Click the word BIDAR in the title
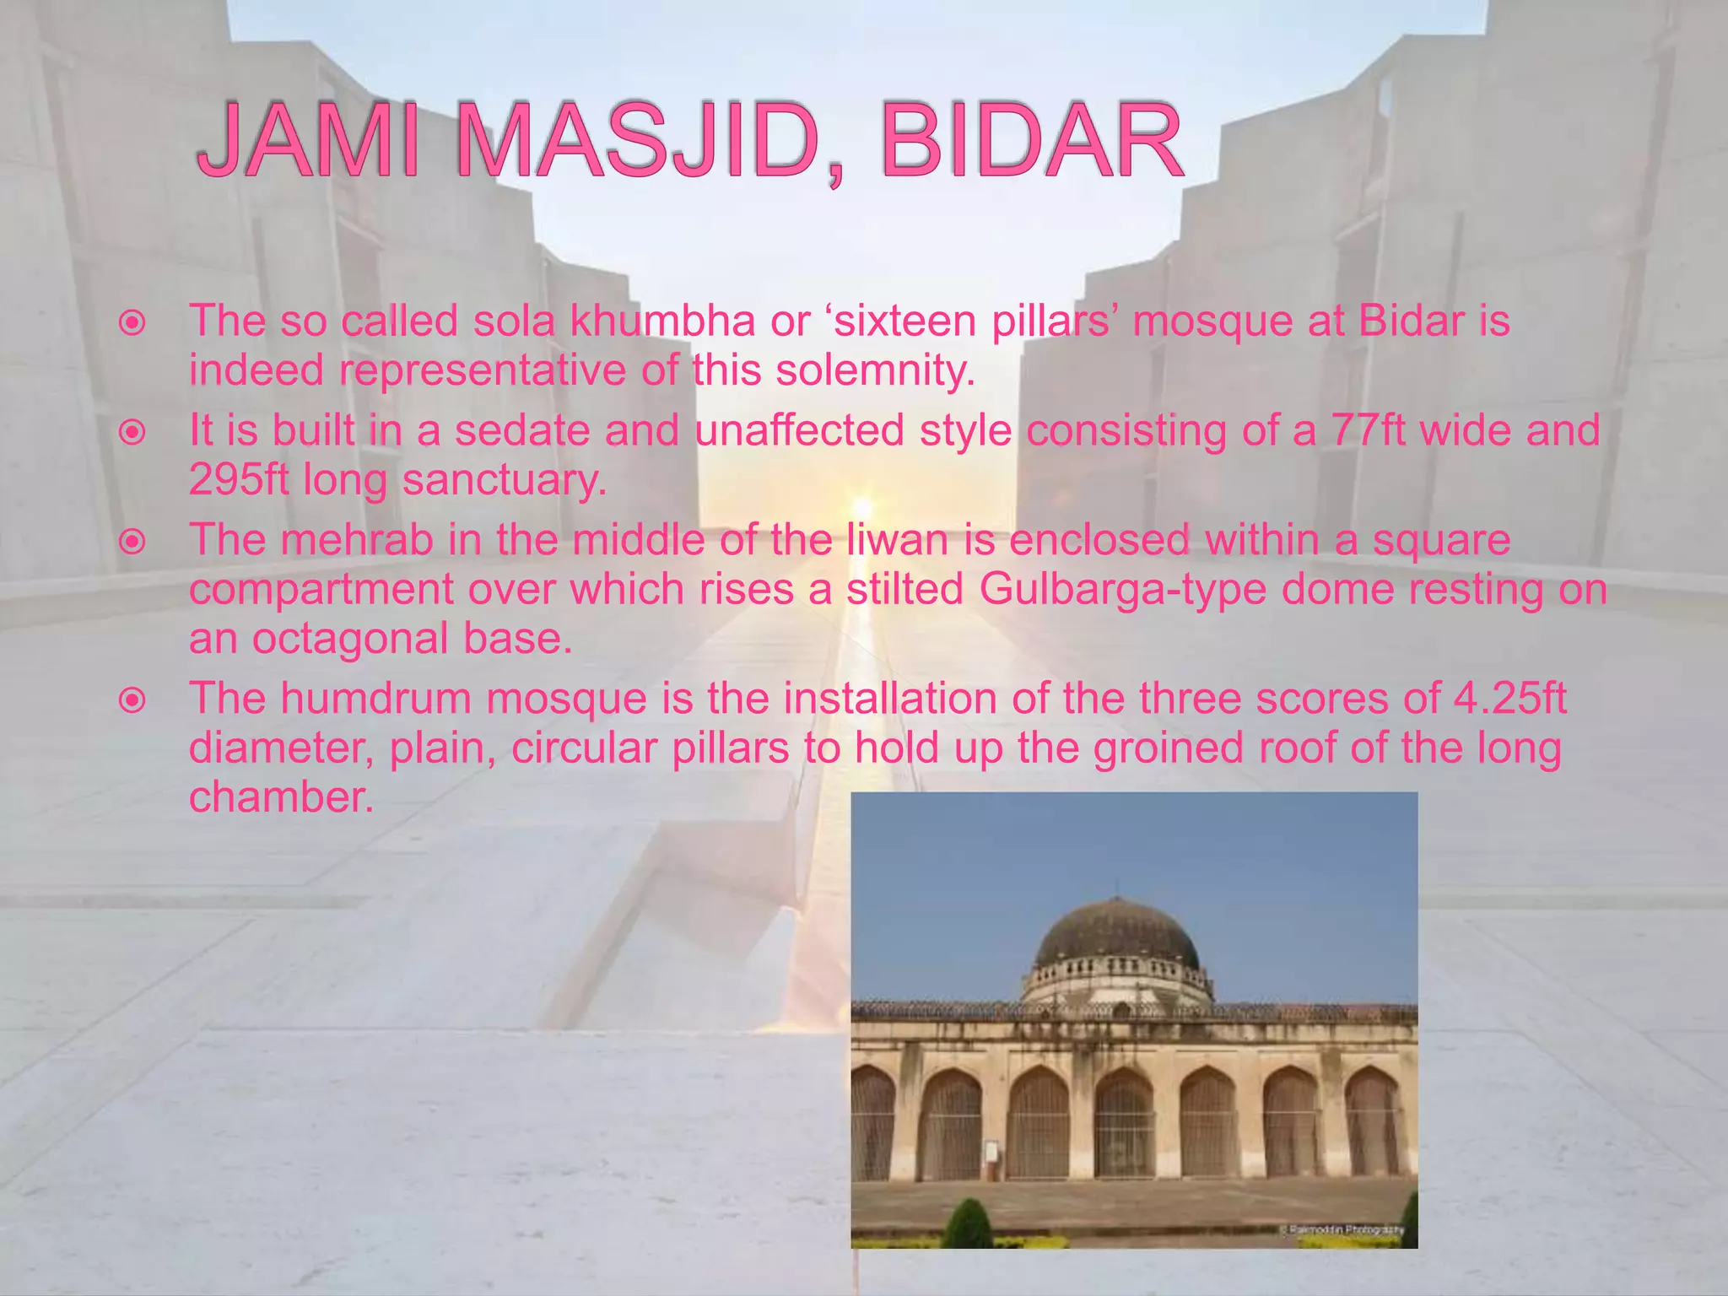tap(1030, 142)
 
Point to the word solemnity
tap(875, 370)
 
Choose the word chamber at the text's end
tap(280, 797)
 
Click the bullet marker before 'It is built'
tap(132, 433)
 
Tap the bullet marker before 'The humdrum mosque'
tap(132, 700)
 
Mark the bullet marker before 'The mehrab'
tap(132, 542)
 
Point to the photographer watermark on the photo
tap(1344, 1229)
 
